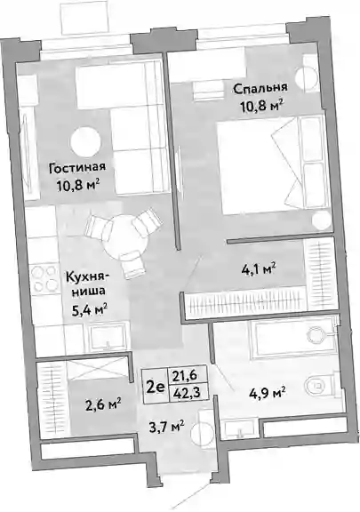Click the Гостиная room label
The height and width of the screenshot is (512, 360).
[x=77, y=168]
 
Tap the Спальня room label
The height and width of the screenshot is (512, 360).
[x=260, y=88]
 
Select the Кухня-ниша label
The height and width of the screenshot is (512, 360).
[x=88, y=284]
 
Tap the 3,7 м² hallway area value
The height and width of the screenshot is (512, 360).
[x=165, y=426]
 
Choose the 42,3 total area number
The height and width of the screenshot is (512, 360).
[x=188, y=391]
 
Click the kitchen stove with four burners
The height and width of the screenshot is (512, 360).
[x=44, y=278]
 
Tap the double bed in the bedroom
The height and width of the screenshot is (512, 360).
[x=275, y=165]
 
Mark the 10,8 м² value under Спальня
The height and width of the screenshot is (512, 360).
[x=261, y=106]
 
